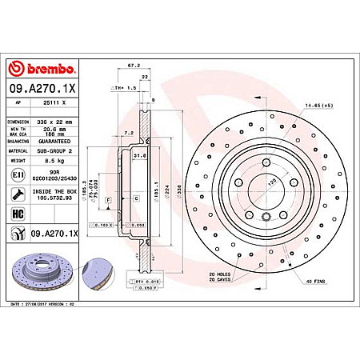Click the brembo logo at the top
pos(42,70)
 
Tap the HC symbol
pos(18,214)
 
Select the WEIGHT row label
pos(17,160)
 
